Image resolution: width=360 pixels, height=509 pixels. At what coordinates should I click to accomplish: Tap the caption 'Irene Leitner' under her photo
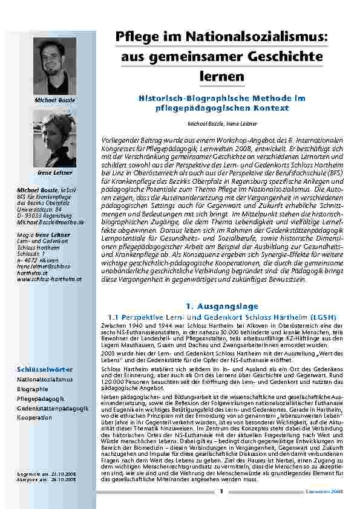click(54, 172)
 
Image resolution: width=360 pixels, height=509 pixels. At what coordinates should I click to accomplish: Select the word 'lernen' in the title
click(221, 77)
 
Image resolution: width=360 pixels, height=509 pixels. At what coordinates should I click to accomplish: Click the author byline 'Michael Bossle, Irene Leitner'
click(221, 123)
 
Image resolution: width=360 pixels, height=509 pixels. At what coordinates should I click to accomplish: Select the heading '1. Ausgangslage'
click(221, 306)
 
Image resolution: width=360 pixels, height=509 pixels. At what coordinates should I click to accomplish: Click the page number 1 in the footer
click(221, 491)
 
